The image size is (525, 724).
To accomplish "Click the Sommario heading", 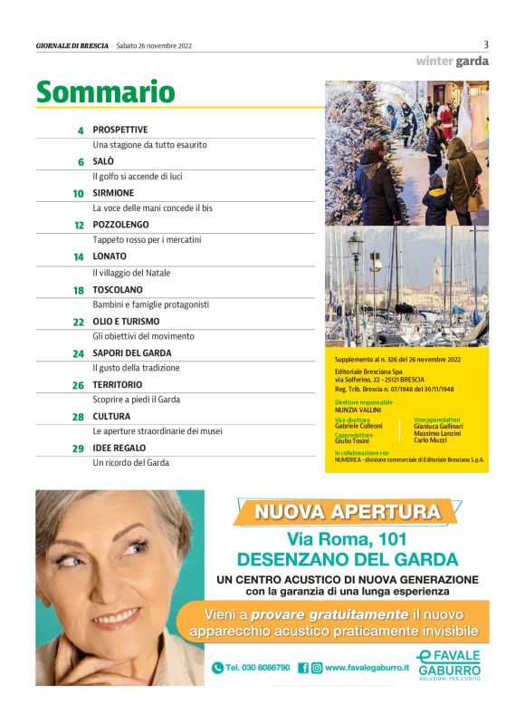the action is click(105, 92).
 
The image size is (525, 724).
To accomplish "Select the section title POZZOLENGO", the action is click(120, 225).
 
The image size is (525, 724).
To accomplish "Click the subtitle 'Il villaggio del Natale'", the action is click(131, 273).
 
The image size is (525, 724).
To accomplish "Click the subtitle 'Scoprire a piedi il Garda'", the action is click(136, 400).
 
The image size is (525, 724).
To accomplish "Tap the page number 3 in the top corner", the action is click(486, 44).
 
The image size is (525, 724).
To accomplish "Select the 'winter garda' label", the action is click(452, 62).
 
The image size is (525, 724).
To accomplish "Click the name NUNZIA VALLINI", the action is click(358, 410).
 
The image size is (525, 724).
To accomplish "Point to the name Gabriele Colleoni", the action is click(358, 426).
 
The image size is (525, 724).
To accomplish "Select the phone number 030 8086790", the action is click(257, 668).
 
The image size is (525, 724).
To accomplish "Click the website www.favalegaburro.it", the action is click(366, 668).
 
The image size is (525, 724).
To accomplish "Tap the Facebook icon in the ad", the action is click(303, 668).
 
